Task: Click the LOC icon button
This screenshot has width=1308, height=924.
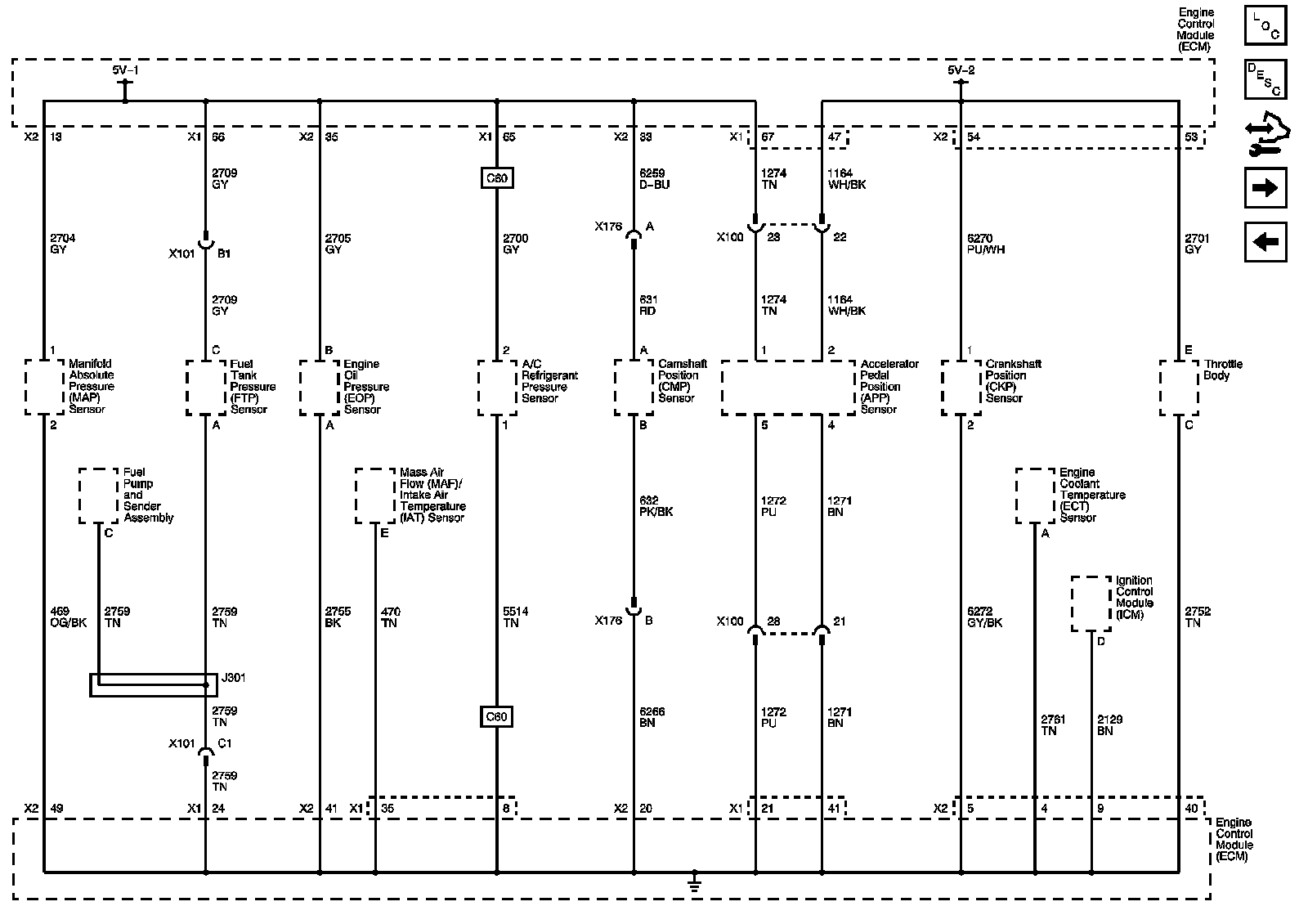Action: pos(1265,25)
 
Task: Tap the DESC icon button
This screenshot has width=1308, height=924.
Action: pos(1265,79)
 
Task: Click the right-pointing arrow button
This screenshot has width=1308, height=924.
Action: pos(1265,188)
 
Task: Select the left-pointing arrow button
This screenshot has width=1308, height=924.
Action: pos(1265,241)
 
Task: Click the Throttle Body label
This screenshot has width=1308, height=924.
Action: pos(1223,370)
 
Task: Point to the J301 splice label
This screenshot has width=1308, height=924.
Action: pos(233,678)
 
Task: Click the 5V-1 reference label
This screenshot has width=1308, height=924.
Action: pos(126,70)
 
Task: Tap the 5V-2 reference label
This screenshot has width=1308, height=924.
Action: pos(961,70)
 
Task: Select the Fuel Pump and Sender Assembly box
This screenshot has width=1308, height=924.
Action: pos(99,496)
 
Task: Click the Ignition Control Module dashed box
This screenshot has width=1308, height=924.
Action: pos(1091,603)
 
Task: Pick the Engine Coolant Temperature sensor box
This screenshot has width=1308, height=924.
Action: pos(1035,496)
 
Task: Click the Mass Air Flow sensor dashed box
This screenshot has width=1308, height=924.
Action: pos(375,496)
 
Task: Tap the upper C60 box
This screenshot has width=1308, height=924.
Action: pos(496,178)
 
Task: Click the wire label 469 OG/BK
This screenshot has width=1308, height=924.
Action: pos(68,617)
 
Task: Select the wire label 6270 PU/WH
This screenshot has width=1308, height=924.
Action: pos(985,244)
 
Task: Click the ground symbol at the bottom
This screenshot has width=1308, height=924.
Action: pos(694,882)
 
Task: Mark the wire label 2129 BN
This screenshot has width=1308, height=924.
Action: pos(1109,725)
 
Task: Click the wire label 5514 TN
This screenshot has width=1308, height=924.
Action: pos(515,617)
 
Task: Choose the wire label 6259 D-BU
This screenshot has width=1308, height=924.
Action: pos(654,179)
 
